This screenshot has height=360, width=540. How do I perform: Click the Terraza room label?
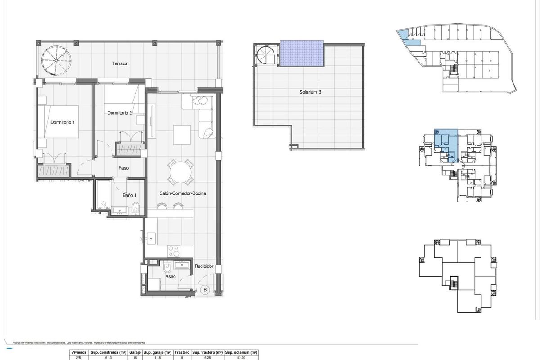click(x=120, y=64)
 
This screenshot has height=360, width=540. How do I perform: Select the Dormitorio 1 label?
click(x=63, y=122)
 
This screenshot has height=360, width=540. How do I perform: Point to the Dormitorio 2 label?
click(x=120, y=113)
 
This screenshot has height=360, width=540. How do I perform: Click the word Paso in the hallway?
click(x=124, y=168)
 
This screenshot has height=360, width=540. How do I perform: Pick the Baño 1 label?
click(x=130, y=195)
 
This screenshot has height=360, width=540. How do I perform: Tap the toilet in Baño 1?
click(x=136, y=208)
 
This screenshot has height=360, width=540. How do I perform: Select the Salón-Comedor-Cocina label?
click(x=183, y=193)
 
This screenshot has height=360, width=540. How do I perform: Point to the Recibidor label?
click(x=204, y=266)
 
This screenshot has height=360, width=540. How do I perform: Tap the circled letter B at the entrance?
click(x=205, y=289)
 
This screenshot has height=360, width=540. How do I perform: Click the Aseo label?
click(x=171, y=277)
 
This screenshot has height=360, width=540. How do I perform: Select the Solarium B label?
click(x=310, y=92)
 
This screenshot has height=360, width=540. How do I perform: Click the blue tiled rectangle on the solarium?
click(x=302, y=54)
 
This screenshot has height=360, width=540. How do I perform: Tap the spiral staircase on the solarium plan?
click(x=265, y=57)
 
